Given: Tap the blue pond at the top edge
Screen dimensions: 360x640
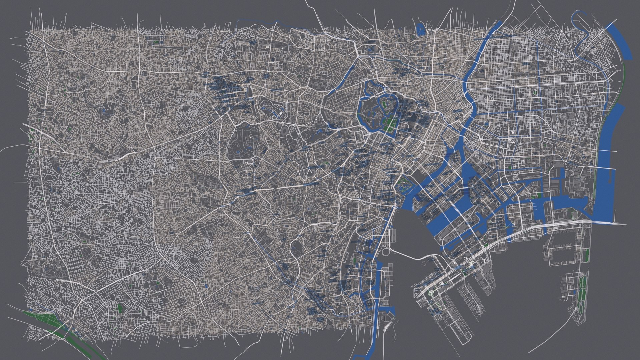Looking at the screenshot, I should point(421,30).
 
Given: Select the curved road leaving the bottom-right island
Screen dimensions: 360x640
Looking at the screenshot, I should point(547,337).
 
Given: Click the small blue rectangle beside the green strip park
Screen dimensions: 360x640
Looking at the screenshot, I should point(574,292).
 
